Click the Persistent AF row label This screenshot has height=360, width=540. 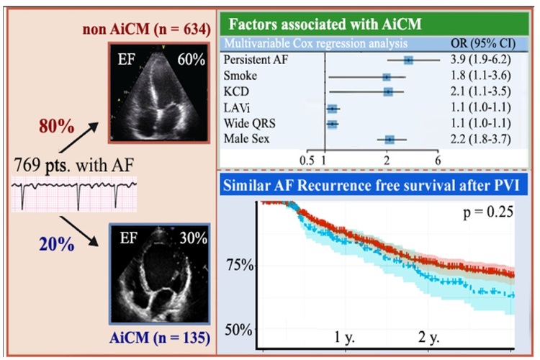[256, 60]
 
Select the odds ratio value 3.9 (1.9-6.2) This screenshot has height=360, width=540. [480, 60]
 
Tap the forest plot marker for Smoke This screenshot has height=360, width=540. [387, 76]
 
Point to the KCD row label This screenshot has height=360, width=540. [236, 91]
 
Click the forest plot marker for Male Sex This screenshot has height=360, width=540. [390, 140]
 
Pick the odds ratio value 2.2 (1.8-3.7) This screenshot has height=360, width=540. [480, 139]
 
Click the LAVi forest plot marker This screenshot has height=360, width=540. [333, 109]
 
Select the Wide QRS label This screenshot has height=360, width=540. [249, 123]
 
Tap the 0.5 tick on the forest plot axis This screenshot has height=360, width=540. [307, 161]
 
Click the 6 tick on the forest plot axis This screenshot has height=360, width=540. [438, 161]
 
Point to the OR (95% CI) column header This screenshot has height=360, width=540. [483, 44]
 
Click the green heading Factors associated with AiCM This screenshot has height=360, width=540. [325, 24]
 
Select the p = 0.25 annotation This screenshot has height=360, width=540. [488, 212]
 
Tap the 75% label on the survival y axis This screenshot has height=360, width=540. [240, 266]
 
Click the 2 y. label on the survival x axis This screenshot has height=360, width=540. [429, 337]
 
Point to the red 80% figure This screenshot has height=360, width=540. [56, 126]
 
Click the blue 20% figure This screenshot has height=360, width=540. [56, 245]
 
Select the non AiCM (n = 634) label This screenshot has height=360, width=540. [146, 30]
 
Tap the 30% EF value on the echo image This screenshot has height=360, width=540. [193, 238]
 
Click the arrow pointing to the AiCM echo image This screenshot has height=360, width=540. [79, 232]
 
